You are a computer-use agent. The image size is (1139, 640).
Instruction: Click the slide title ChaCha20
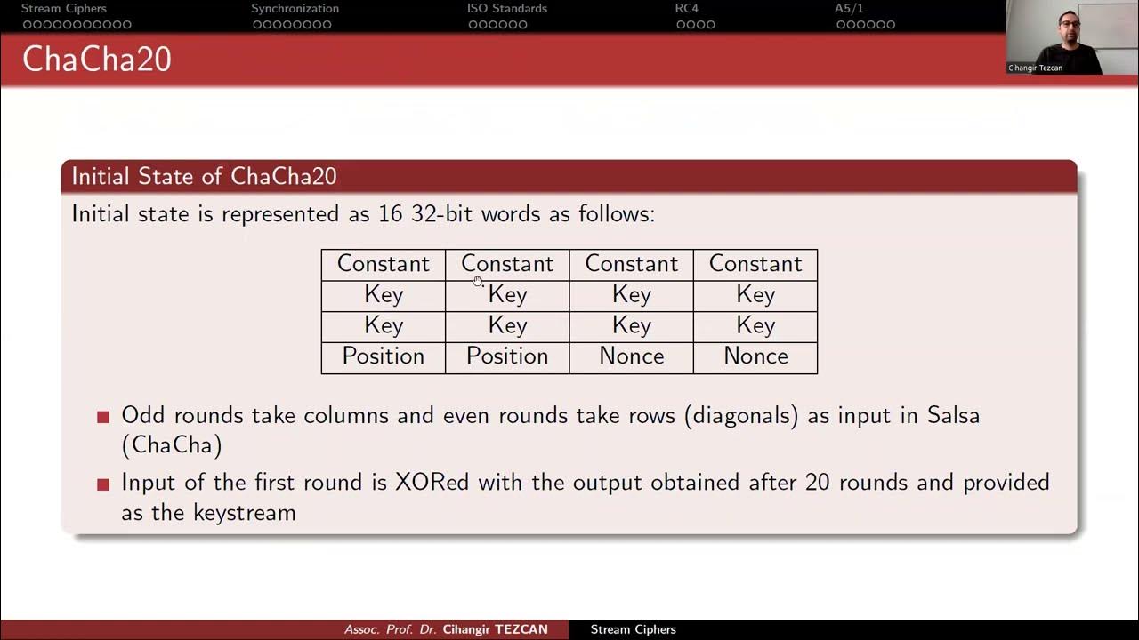point(96,60)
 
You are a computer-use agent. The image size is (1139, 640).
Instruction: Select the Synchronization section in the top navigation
point(295,9)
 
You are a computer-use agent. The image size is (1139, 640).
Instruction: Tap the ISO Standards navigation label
point(507,9)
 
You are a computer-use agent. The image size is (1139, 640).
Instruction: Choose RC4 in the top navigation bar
point(686,9)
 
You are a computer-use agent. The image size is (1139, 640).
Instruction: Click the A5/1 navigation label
point(850,9)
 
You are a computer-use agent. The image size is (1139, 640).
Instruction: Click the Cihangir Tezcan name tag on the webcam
point(1035,68)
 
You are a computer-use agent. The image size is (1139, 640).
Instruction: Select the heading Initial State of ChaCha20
point(204,176)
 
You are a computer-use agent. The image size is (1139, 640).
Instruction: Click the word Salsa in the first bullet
point(953,415)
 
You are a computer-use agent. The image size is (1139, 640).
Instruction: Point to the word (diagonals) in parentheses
point(741,415)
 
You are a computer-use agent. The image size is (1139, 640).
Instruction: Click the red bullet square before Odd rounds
point(103,416)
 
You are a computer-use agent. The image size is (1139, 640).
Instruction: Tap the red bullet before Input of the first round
point(103,484)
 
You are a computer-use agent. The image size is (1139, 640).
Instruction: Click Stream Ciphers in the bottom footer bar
point(633,629)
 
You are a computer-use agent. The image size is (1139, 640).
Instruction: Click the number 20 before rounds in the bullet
point(818,482)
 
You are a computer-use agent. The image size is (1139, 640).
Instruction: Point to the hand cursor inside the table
point(478,282)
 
